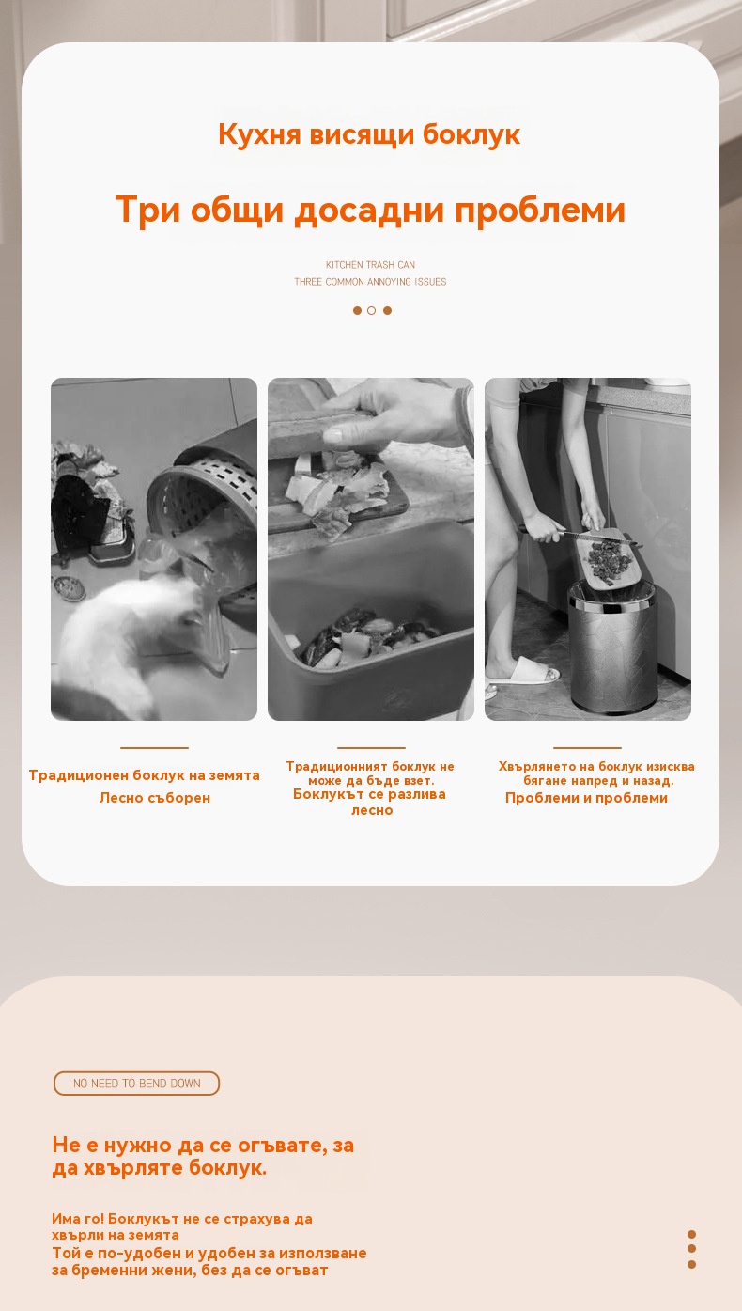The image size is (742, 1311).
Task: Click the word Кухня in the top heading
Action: (x=259, y=134)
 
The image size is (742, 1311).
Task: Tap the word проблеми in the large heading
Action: (x=540, y=211)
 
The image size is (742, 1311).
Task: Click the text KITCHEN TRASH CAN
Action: (x=371, y=264)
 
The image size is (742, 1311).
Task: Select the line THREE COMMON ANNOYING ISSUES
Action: (x=370, y=282)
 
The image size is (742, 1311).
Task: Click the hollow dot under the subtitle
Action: (x=371, y=310)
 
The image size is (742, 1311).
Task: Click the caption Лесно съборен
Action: (x=154, y=798)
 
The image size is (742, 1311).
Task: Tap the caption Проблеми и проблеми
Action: (x=586, y=798)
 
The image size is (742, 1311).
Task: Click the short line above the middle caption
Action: (x=371, y=747)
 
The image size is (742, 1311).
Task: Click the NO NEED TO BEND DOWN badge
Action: (x=137, y=1084)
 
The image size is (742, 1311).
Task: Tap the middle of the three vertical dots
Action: (x=691, y=1248)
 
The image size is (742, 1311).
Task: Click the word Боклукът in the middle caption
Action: (x=328, y=794)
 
